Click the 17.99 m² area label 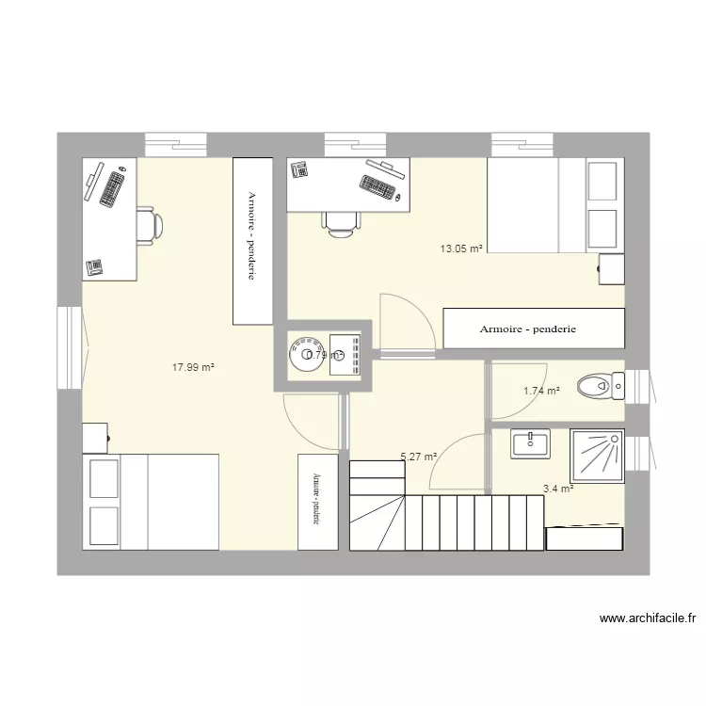point(193,368)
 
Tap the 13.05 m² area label point(460,249)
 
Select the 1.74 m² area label point(541,391)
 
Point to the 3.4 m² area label point(558,489)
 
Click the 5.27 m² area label point(419,457)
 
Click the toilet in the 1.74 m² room point(599,384)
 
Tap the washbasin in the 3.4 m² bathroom point(531,442)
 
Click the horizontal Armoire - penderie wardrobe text point(527,329)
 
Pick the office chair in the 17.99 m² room point(149,226)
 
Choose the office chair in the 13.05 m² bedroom point(340,222)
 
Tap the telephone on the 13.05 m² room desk point(300,169)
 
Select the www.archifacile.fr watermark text point(647,618)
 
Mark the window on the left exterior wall point(71,347)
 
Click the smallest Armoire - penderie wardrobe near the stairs point(318,502)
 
